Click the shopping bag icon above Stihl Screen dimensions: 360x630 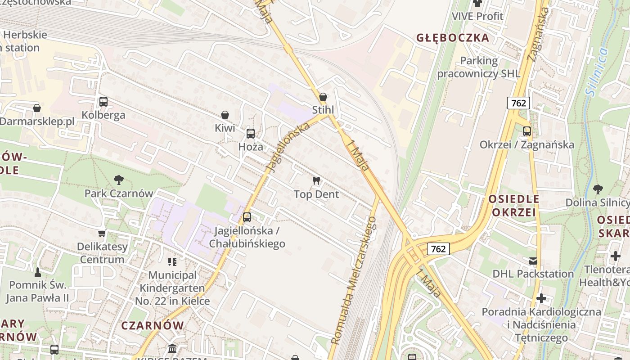323,97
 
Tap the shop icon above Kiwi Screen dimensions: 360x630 225,115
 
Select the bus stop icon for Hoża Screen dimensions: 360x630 251,134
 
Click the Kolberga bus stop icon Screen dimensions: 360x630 103,102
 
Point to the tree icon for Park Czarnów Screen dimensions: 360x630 119,180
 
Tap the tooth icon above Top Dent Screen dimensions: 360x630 316,181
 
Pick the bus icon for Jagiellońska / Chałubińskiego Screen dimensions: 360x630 247,217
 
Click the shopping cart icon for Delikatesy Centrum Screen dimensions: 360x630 102,233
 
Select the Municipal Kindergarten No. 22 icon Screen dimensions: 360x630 172,261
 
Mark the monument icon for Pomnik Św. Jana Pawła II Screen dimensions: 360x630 38,272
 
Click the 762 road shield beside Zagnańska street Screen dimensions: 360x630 518,103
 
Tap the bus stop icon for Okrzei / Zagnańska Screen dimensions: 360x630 526,131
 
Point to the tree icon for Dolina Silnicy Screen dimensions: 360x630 598,189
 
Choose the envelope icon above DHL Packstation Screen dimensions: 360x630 533,261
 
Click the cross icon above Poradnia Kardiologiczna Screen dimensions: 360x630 541,298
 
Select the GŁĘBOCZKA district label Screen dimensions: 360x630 452,38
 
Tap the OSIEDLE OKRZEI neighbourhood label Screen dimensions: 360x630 514,206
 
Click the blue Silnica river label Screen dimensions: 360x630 597,72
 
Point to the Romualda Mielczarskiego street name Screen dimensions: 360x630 354,280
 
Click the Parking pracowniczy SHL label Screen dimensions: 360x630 479,67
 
